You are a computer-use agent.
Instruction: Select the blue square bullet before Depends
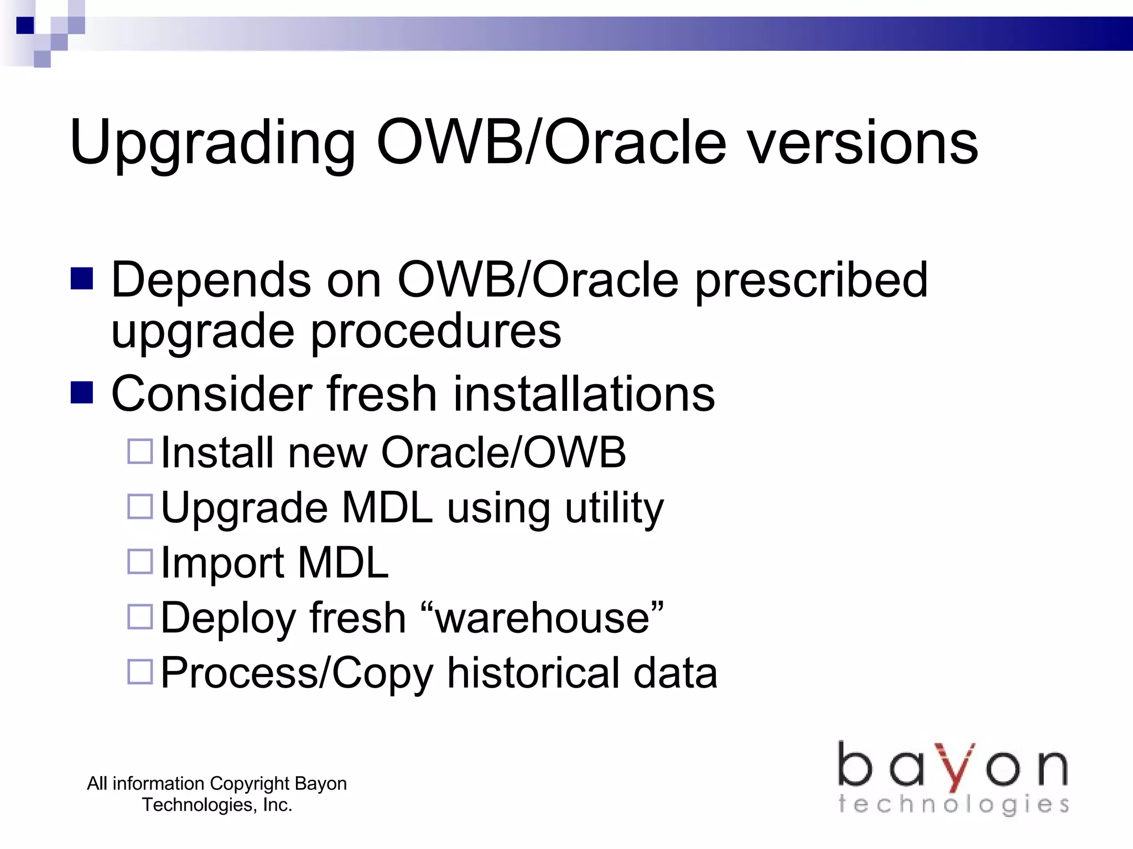82,279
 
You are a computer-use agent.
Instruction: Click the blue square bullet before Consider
82,393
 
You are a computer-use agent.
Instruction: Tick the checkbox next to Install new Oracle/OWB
140,451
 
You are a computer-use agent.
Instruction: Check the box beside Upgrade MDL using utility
140,506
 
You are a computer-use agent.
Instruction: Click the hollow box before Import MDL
140,562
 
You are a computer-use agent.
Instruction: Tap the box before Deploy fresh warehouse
140,617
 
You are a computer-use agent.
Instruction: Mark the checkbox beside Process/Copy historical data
140,672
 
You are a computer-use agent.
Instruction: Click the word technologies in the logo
953,804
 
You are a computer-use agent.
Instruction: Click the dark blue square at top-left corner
25,25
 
